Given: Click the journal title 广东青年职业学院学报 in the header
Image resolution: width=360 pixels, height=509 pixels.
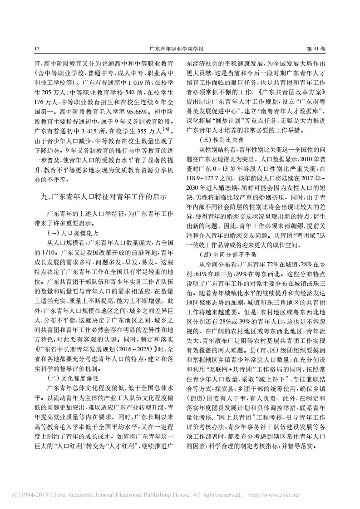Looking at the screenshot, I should [x=179, y=48].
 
